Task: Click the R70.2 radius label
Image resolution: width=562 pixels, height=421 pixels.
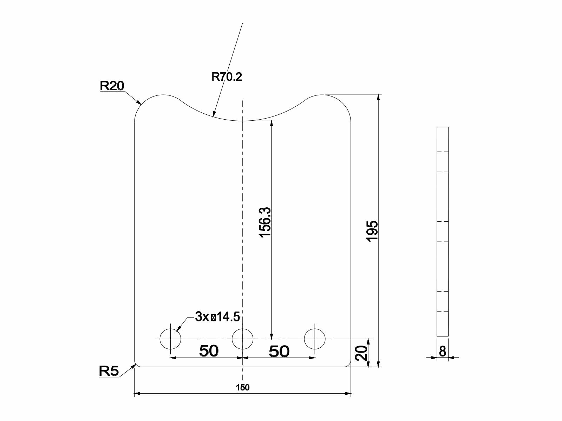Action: [x=227, y=76]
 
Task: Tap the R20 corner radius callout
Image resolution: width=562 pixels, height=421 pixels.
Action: [x=112, y=86]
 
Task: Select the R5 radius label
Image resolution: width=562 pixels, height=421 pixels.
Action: [x=109, y=371]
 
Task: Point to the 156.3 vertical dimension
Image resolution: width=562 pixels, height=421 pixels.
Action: [x=265, y=222]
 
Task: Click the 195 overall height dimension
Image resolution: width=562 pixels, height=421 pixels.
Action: [x=372, y=230]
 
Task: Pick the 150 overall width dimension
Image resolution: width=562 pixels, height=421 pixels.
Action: [x=243, y=387]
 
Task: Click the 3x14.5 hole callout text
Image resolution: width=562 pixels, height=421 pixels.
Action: [x=217, y=317]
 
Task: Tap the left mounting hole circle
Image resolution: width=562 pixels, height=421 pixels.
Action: [x=170, y=339]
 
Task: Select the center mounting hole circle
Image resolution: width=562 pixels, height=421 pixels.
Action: [x=243, y=339]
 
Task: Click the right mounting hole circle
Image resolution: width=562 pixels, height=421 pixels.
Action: [x=315, y=339]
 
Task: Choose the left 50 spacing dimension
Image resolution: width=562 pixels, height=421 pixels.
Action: [x=209, y=351]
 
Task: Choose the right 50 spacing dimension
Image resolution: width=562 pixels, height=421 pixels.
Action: [x=279, y=351]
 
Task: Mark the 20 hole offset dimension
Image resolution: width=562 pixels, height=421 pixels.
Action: [x=361, y=353]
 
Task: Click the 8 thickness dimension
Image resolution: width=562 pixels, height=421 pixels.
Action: [x=443, y=351]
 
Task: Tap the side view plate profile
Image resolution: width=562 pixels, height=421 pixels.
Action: [x=443, y=232]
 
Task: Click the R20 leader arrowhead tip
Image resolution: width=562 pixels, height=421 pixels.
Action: [x=141, y=104]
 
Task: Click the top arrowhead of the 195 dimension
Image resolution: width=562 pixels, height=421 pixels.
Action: [x=378, y=97]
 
